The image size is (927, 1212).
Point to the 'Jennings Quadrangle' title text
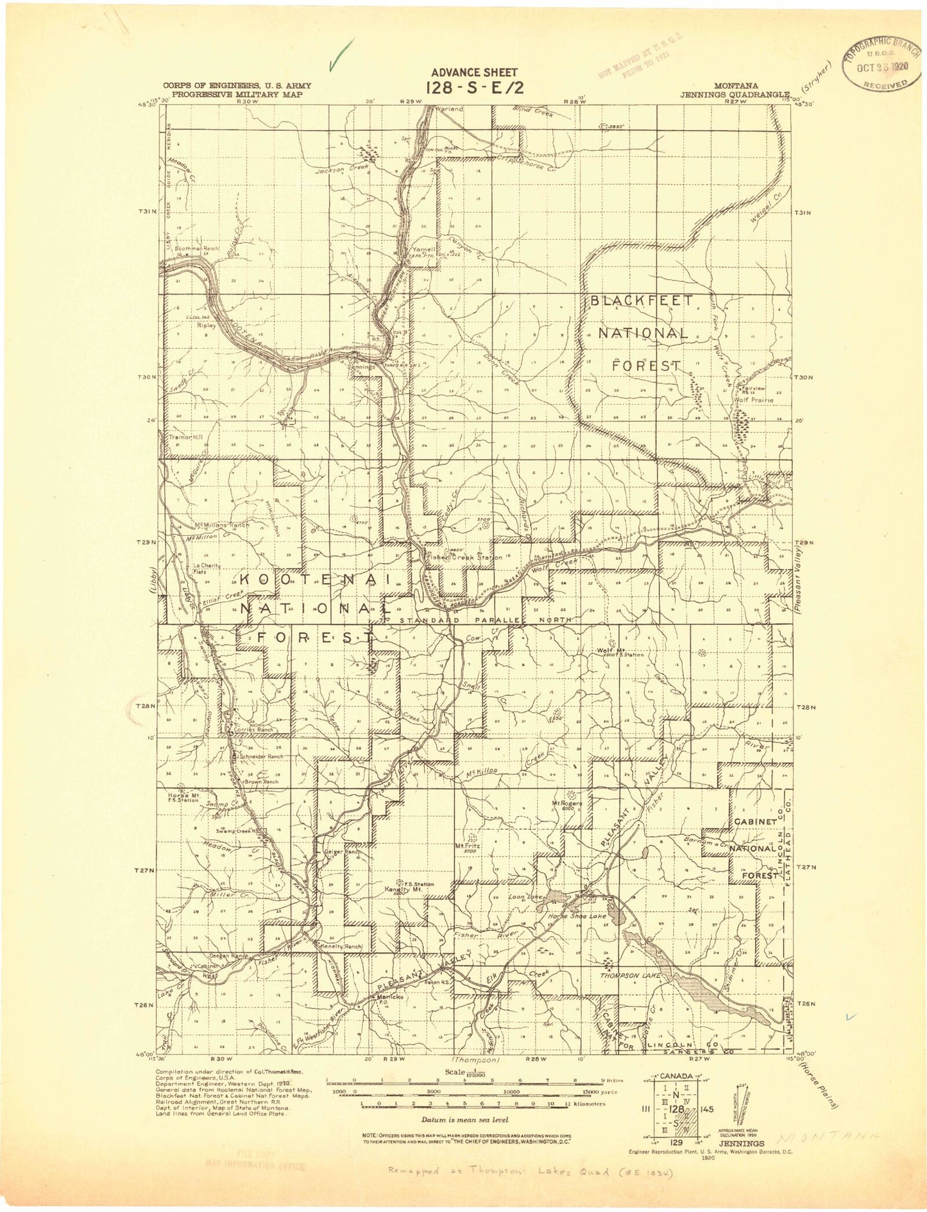(x=734, y=94)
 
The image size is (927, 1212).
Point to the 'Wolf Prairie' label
(x=757, y=400)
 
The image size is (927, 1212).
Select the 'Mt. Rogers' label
(x=566, y=803)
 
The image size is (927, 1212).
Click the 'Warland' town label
(x=448, y=109)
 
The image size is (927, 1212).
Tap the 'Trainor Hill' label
(x=185, y=438)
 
